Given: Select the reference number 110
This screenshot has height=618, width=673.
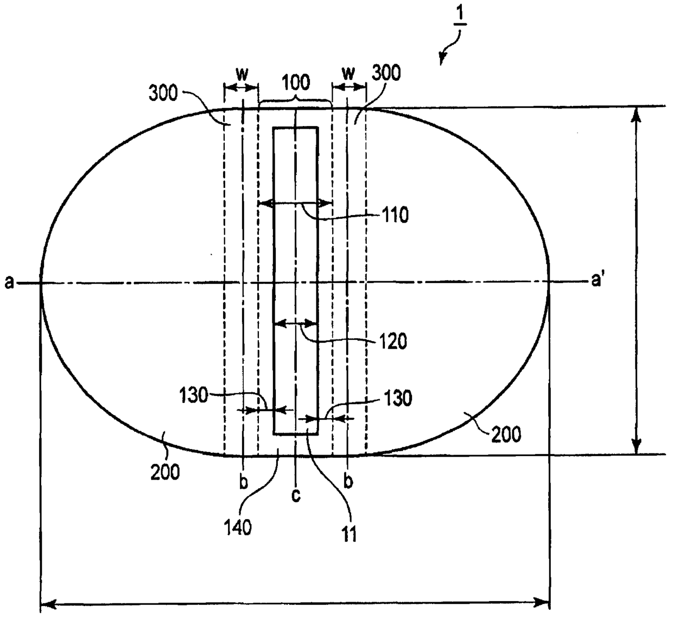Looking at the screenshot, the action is pyautogui.click(x=395, y=215).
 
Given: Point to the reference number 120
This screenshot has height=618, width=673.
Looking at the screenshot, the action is pyautogui.click(x=393, y=342).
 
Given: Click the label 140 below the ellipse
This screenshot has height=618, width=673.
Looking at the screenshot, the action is pyautogui.click(x=238, y=528).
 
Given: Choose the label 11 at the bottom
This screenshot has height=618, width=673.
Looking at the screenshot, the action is pyautogui.click(x=348, y=534).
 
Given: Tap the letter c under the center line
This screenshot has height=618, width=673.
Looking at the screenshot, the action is pyautogui.click(x=296, y=496).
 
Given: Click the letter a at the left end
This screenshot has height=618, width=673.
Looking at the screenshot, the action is pyautogui.click(x=9, y=282).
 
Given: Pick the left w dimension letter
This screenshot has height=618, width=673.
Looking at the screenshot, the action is pyautogui.click(x=242, y=74).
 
